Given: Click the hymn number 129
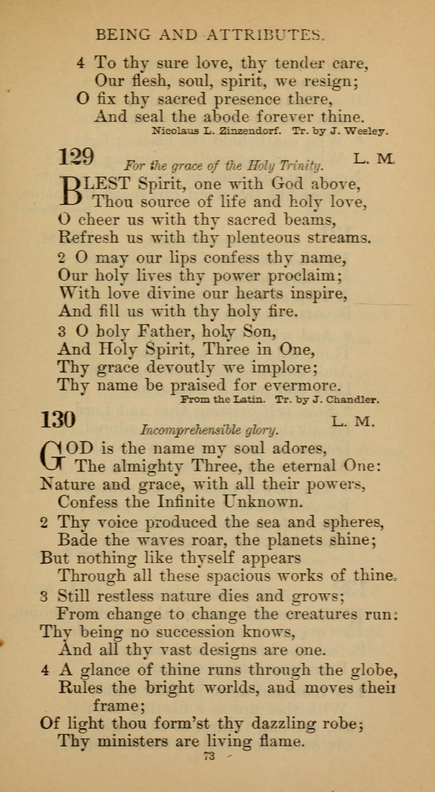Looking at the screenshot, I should (76, 157).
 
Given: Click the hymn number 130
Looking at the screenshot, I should (77, 420).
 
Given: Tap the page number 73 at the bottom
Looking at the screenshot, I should (209, 756).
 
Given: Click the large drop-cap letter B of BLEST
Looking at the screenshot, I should (72, 192).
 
